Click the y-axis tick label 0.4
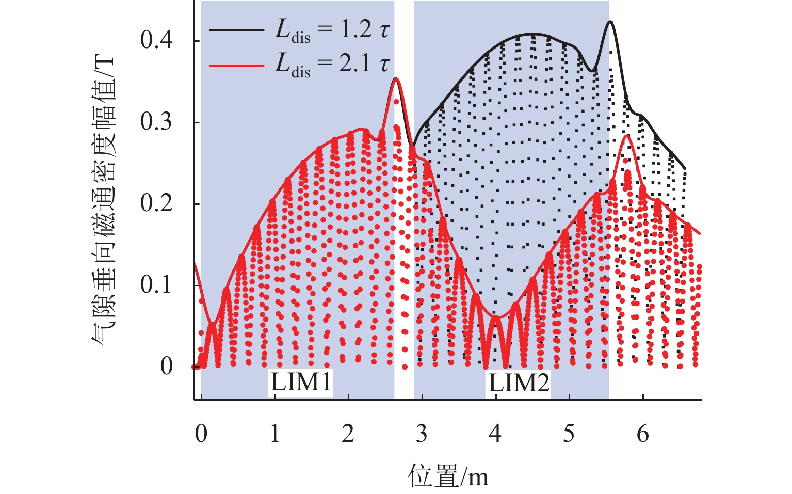click(156, 40)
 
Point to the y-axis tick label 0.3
click(156, 122)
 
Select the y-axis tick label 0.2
click(156, 203)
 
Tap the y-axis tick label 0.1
click(156, 285)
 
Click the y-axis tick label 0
click(166, 366)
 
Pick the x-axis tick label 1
click(274, 434)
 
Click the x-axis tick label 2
click(348, 434)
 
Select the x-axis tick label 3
click(422, 434)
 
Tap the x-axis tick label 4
click(495, 434)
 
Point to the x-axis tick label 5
click(569, 434)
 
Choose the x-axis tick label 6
click(642, 434)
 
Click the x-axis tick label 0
click(201, 434)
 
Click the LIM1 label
click(301, 383)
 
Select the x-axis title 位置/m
click(448, 476)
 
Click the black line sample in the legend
click(237, 30)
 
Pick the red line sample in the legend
click(237, 65)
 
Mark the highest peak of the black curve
click(610, 22)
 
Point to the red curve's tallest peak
click(396, 78)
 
